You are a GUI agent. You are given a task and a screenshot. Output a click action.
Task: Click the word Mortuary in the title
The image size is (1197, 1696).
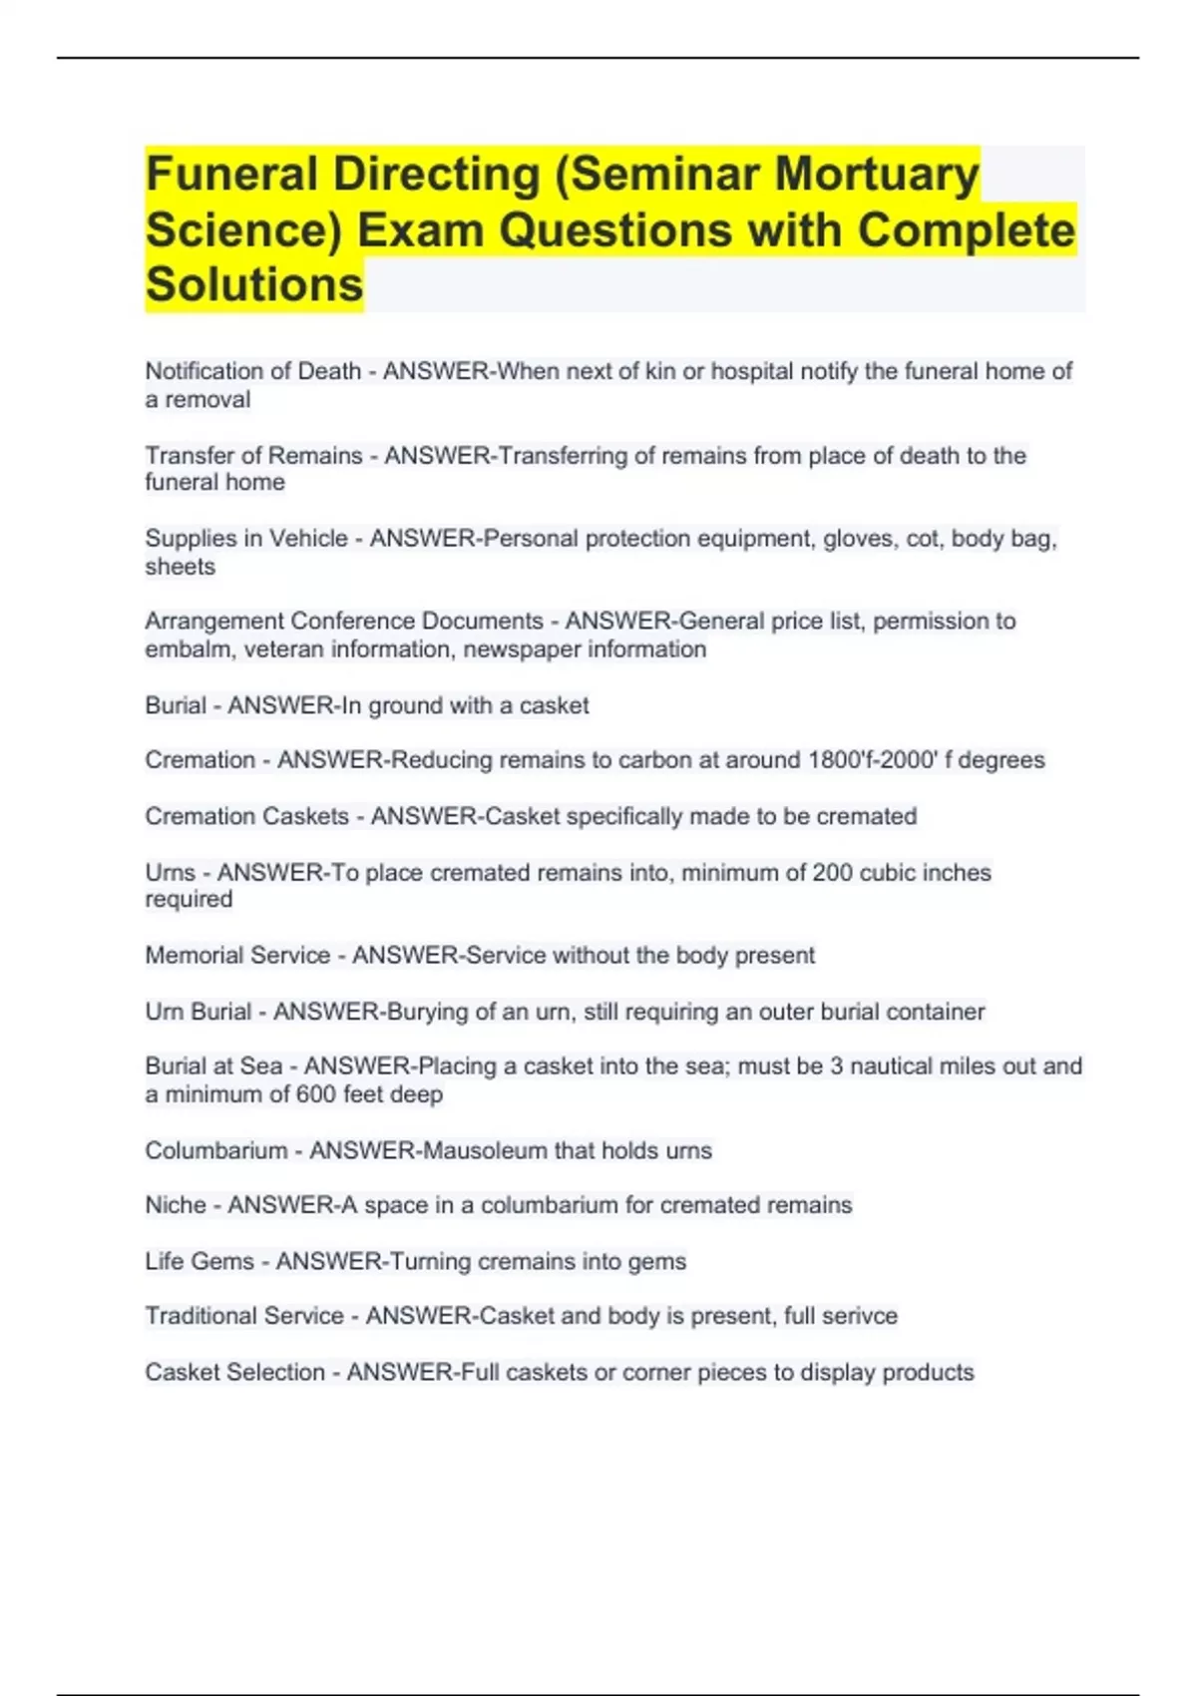pos(877,174)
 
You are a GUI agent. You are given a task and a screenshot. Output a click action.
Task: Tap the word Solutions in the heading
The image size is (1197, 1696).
pos(254,284)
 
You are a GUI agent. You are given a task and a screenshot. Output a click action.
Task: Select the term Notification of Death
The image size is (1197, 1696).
pos(253,371)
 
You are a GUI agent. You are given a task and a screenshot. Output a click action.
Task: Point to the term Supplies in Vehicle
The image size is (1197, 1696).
pos(246,539)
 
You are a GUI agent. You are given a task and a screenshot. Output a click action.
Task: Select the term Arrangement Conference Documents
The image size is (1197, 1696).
pos(344,622)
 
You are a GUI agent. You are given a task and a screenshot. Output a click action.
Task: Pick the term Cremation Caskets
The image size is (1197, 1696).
pos(246,816)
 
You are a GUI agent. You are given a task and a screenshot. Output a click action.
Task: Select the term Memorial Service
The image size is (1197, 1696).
pos(237,956)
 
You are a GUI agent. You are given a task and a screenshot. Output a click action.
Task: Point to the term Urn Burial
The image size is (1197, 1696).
pos(198,1012)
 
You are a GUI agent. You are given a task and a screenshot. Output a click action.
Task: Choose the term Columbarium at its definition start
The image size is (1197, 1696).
pos(216,1150)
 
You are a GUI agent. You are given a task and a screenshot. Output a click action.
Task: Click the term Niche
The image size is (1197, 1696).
pos(176,1205)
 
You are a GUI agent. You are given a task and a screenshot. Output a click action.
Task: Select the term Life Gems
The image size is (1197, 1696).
pos(199,1261)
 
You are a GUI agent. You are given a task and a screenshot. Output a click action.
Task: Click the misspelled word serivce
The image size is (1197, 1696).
pos(857,1316)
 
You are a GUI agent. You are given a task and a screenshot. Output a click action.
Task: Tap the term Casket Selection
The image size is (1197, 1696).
pos(235,1373)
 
